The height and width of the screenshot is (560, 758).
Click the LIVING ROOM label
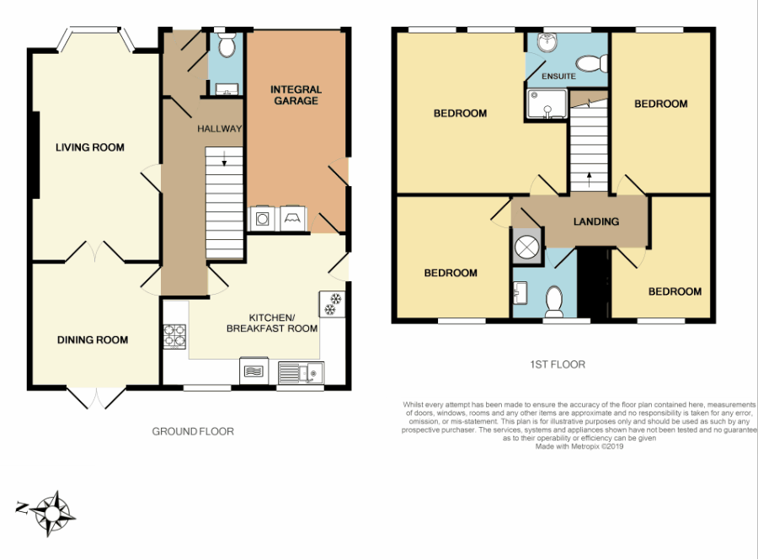point(89,147)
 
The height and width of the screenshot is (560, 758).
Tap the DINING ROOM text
point(93,340)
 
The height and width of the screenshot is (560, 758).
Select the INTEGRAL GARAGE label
point(295,95)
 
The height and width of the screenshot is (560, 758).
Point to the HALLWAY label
point(219,129)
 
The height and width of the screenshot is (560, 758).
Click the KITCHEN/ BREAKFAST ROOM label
point(259,323)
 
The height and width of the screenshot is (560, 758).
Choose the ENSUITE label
point(558,77)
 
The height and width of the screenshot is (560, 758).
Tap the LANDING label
point(596,221)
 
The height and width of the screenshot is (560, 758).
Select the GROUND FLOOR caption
point(192,431)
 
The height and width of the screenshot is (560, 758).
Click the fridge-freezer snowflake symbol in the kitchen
point(331,304)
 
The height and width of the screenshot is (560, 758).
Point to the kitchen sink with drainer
point(300,370)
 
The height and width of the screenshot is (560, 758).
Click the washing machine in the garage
point(263,219)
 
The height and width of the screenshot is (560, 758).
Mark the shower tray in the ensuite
point(545,104)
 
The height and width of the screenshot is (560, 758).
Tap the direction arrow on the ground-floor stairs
point(224,162)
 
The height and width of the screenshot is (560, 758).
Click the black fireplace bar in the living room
point(35,156)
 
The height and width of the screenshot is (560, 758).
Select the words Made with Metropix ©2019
point(579,446)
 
